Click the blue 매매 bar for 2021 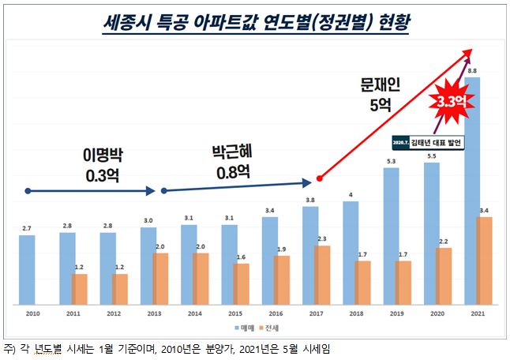point(472,189)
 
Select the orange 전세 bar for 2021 point(486,261)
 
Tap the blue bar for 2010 point(27,269)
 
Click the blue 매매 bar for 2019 point(392,238)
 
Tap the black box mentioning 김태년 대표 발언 point(426,142)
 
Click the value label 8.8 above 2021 point(472,71)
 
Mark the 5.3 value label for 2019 point(392,161)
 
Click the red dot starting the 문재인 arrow point(318,178)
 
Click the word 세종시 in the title point(131,21)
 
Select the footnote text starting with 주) point(174,348)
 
